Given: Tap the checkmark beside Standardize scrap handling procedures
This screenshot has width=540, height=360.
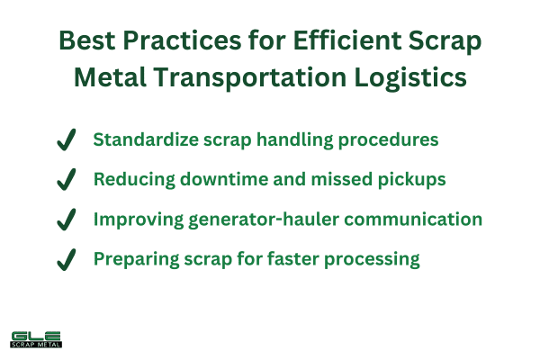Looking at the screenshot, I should click(66, 140).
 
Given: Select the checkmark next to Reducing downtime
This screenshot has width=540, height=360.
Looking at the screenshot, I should click(66, 180).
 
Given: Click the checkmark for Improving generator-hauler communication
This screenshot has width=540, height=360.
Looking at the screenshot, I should click(66, 220).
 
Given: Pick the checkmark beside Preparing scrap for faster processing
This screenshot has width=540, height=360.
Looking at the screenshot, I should click(66, 259).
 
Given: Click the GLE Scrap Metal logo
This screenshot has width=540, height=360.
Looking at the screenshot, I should click(35, 337).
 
